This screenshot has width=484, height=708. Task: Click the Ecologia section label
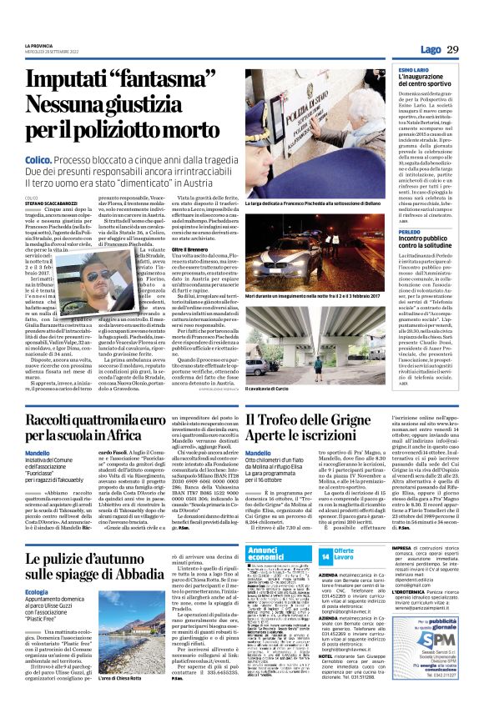coord(38,593)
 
